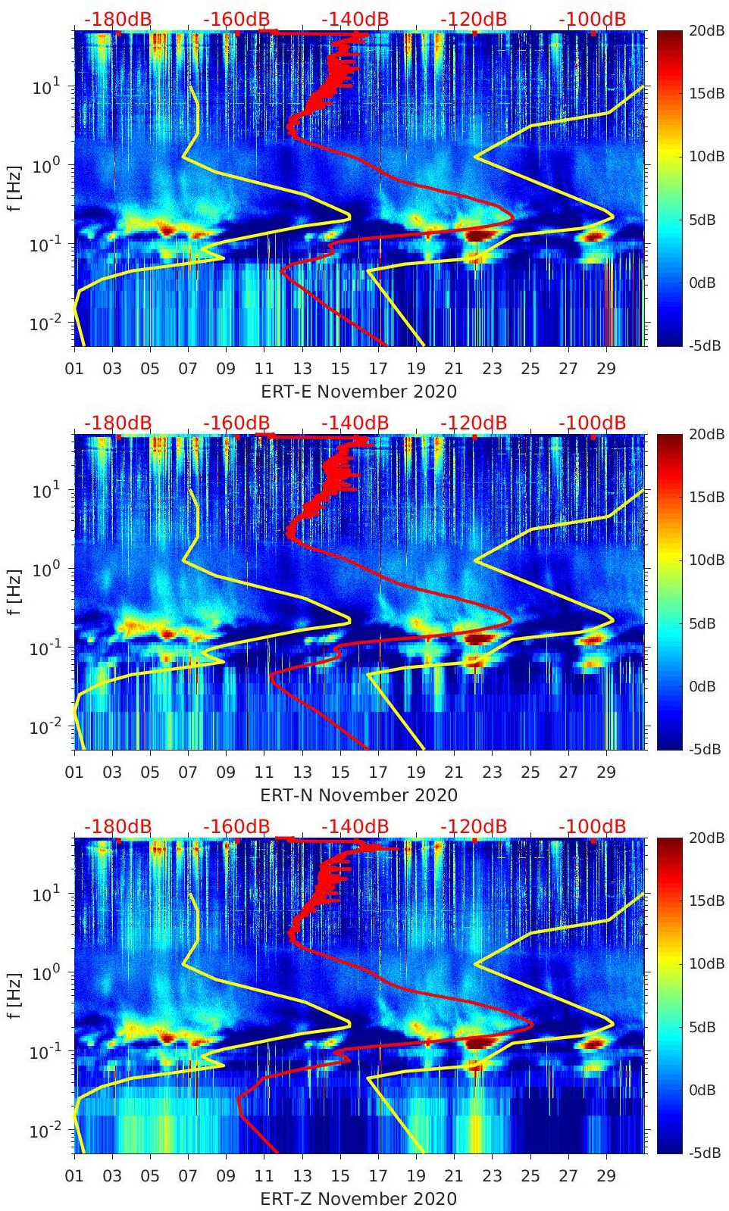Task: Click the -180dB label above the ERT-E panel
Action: point(117,19)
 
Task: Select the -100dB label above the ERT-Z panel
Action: point(593,826)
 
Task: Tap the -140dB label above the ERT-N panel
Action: point(355,423)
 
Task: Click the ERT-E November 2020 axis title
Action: point(359,392)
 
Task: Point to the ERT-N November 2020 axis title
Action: point(359,795)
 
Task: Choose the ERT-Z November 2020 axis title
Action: point(359,1199)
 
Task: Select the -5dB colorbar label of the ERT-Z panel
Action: point(705,1153)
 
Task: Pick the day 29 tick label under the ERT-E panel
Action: point(606,369)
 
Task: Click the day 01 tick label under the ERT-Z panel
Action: point(74,1176)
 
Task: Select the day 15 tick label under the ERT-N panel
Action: point(340,772)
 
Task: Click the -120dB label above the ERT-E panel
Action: point(474,19)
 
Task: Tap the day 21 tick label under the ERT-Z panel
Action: point(454,1176)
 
